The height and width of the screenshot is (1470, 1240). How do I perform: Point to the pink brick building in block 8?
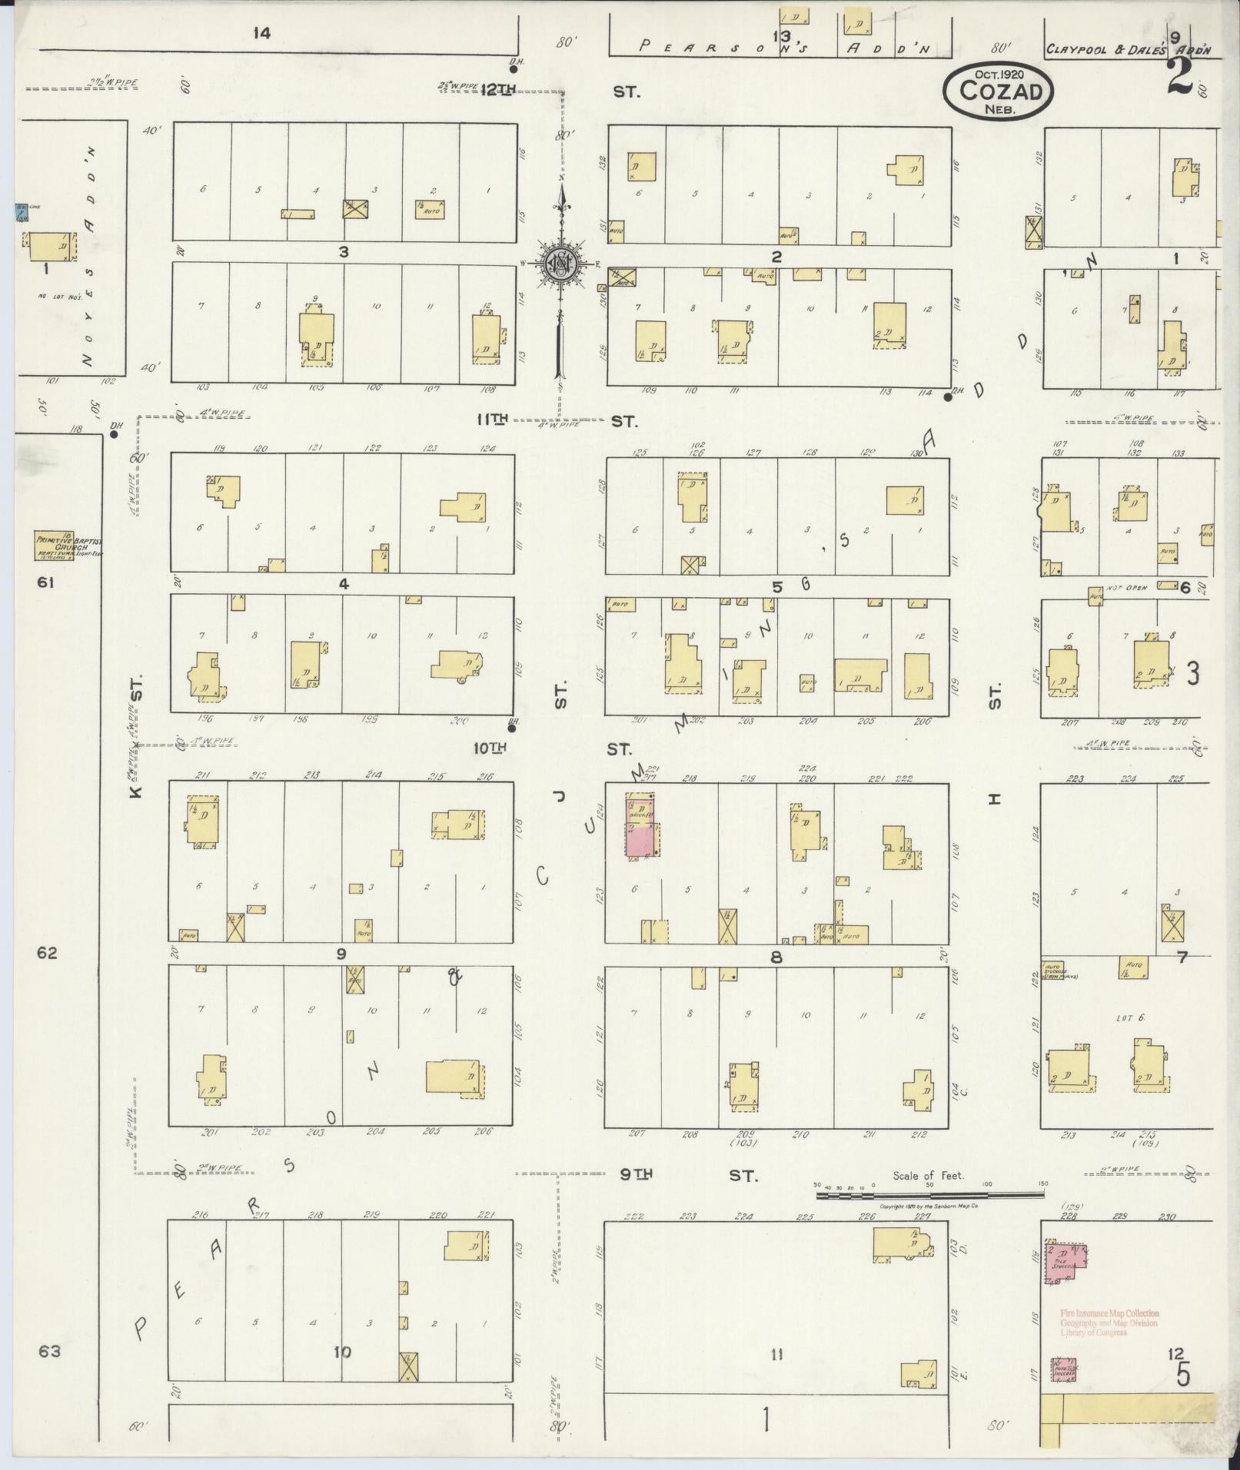(x=643, y=828)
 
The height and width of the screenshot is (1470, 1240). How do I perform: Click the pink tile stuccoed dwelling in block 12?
(x=1066, y=1262)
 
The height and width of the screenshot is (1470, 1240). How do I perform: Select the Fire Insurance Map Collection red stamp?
(x=1109, y=1322)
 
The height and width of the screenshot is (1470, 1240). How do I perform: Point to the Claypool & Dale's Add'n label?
(x=1127, y=50)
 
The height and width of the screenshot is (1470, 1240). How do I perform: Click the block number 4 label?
(x=343, y=585)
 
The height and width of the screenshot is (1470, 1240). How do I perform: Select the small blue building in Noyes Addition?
(x=22, y=213)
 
